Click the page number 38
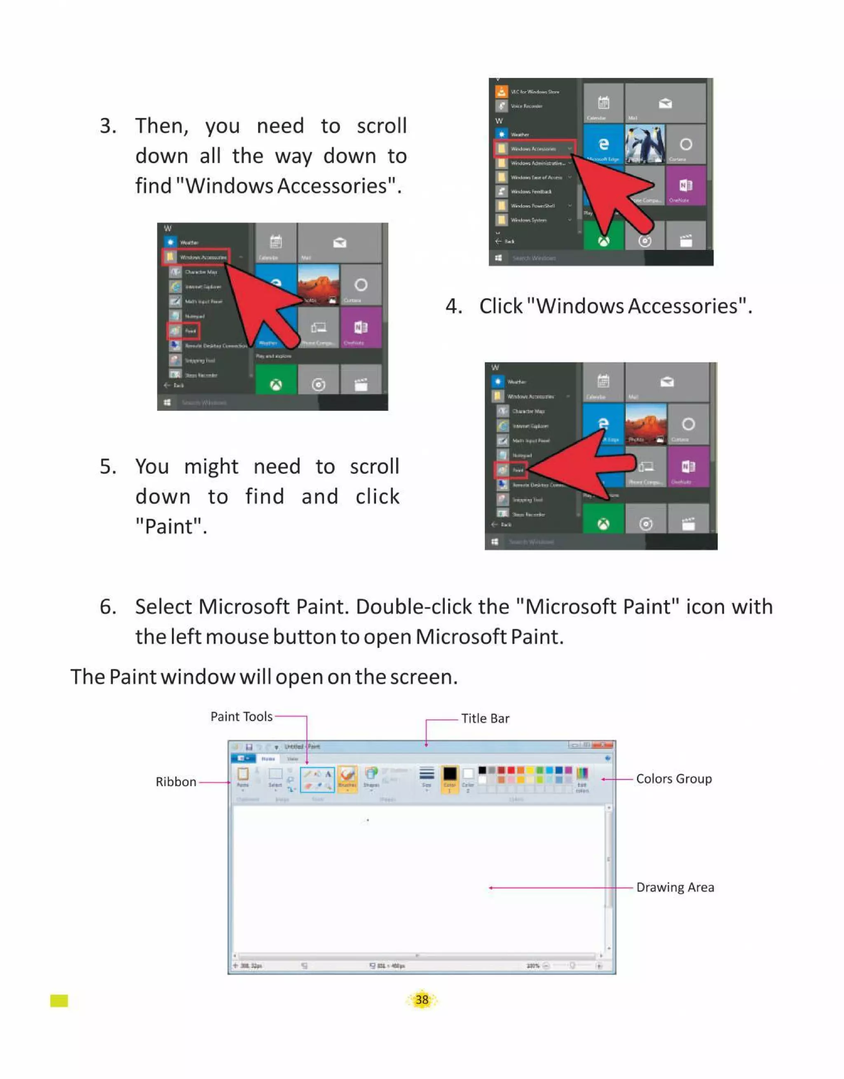422,999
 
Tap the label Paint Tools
241,717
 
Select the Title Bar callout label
485,718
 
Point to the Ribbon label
176,782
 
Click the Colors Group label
673,779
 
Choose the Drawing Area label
675,887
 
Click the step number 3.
108,126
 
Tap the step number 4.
453,306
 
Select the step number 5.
108,467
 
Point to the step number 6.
108,607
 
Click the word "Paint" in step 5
171,527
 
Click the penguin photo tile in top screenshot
645,143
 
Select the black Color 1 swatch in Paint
449,773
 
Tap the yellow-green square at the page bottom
59,1001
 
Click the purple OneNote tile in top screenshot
685,186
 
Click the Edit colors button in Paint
582,779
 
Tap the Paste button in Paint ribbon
243,777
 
